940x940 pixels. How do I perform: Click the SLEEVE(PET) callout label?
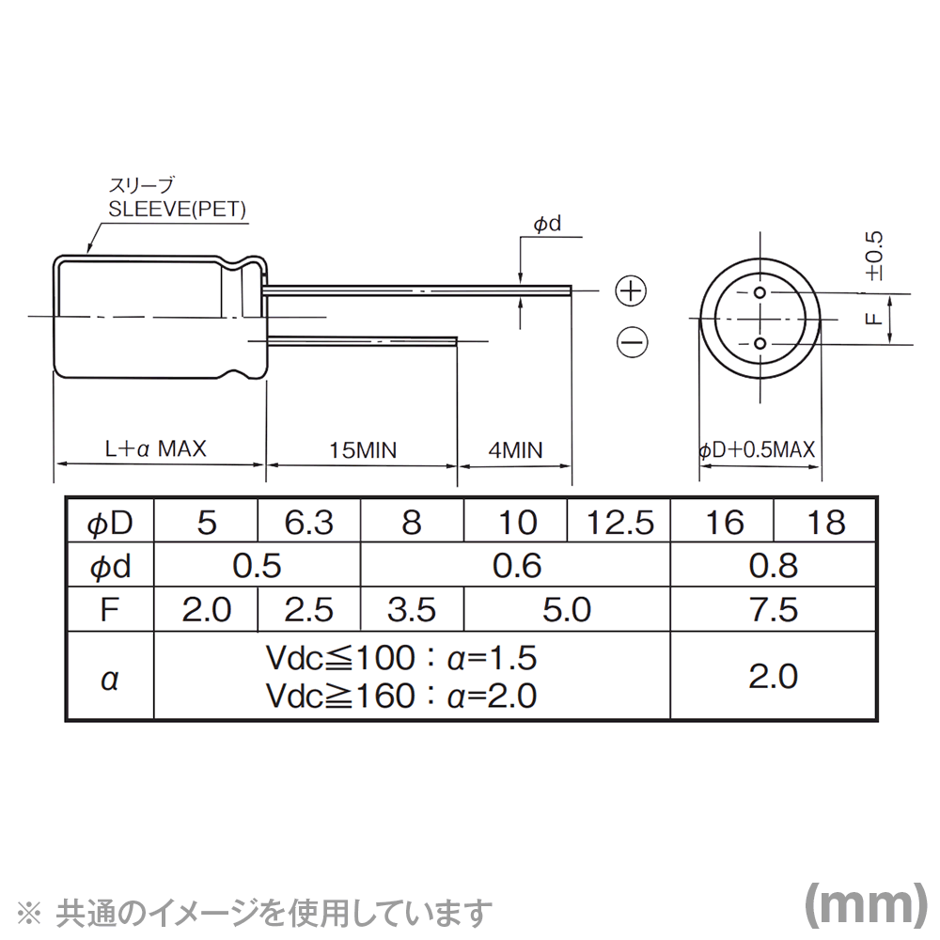177,210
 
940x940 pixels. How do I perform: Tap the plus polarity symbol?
632,291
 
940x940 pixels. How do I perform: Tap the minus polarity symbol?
632,342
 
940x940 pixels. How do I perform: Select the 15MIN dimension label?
363,450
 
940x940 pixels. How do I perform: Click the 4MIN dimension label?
515,450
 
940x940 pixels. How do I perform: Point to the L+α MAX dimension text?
155,448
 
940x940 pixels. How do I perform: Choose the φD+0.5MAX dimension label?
757,449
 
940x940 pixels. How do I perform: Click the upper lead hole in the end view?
760,292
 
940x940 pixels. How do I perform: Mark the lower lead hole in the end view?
760,343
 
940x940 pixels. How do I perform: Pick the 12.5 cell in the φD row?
619,522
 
